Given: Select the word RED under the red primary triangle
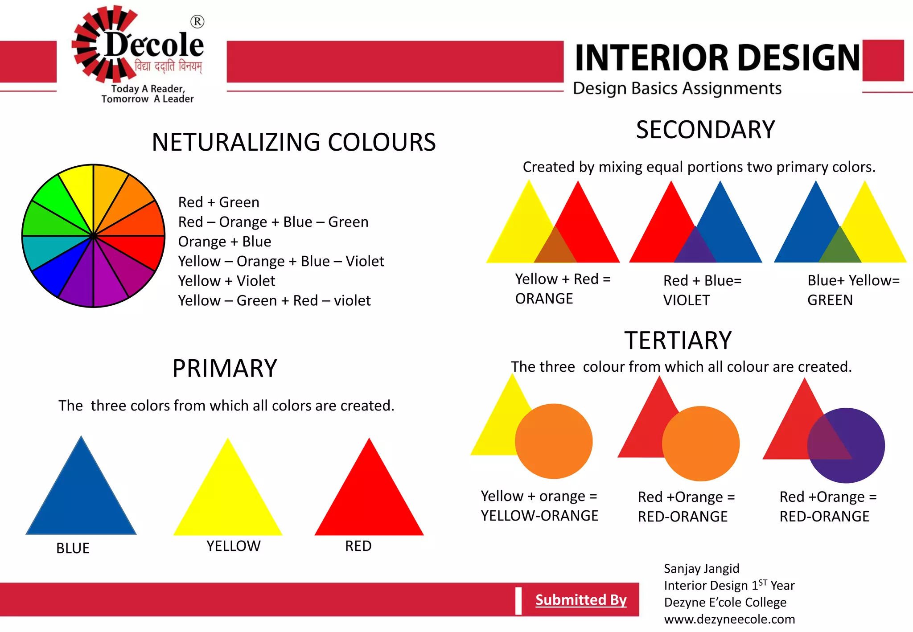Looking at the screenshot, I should click(x=358, y=546).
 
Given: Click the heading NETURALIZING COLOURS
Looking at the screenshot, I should click(x=293, y=143).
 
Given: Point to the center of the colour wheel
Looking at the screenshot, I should click(x=93, y=236).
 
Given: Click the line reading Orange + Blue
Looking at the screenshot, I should click(x=224, y=242).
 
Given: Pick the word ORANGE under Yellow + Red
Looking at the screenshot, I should click(x=544, y=299).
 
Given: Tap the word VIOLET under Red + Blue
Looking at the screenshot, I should click(x=686, y=300).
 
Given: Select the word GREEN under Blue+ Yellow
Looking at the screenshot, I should click(x=830, y=300).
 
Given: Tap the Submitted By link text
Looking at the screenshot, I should click(x=580, y=600).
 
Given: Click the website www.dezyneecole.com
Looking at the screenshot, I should click(x=729, y=620).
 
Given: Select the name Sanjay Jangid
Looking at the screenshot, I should click(x=701, y=569).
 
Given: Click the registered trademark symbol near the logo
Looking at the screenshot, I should click(x=197, y=21).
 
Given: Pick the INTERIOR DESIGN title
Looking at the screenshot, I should click(x=717, y=58).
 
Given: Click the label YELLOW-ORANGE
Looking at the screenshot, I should click(x=539, y=516).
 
